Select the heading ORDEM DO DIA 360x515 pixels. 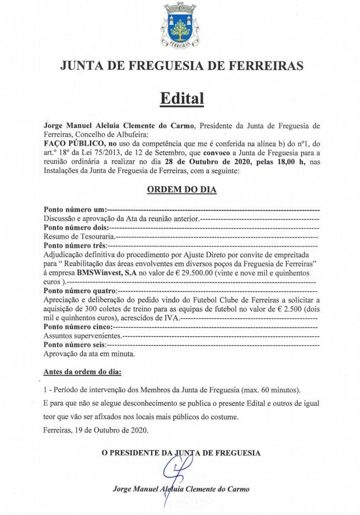(x=181, y=189)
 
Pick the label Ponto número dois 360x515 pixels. (x=76, y=228)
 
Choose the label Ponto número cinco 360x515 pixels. (x=77, y=326)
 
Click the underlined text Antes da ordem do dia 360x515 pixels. (x=82, y=372)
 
